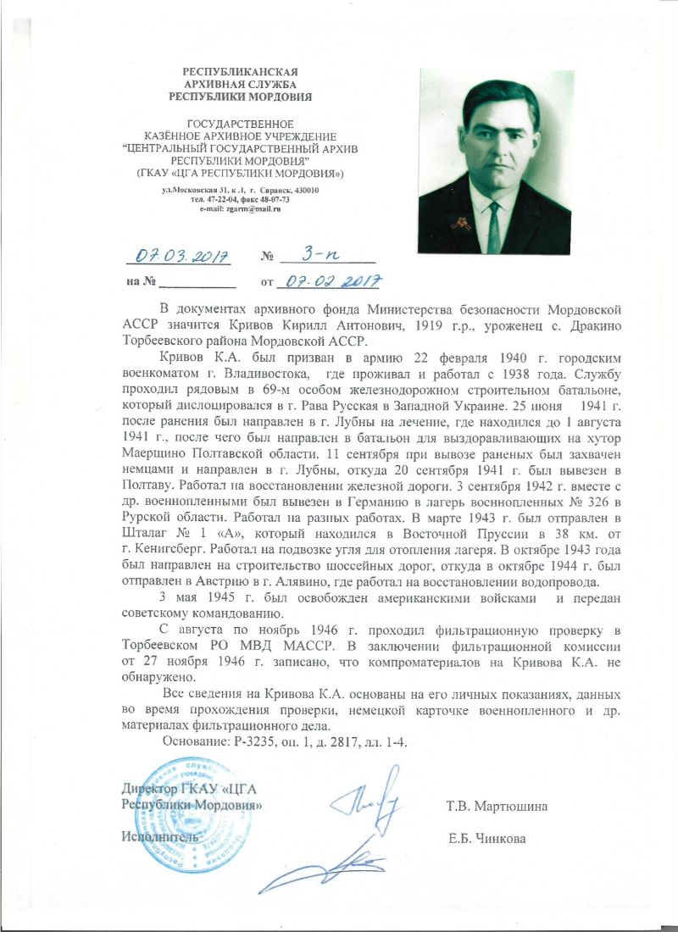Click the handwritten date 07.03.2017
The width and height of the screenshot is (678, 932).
(178, 255)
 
